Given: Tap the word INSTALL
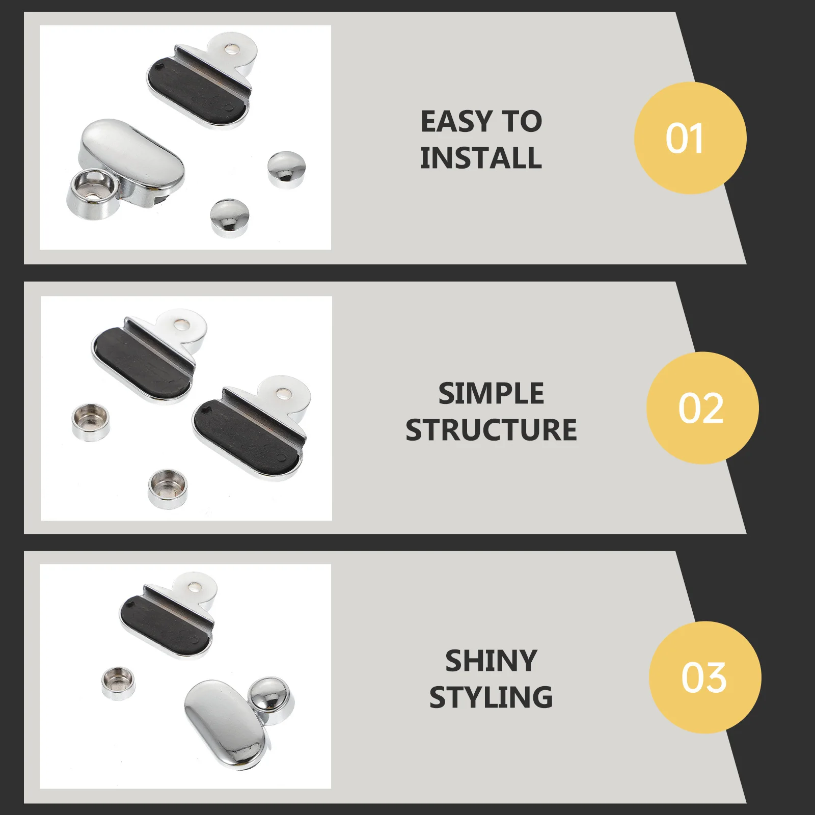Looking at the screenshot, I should (481, 157).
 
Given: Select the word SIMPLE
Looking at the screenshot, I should (491, 394).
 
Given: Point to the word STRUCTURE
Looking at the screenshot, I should (491, 430).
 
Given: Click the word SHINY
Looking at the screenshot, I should (491, 661).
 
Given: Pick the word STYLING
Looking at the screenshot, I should (491, 697).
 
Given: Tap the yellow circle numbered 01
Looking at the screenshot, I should (690, 138).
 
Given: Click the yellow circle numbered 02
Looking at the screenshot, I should (702, 408).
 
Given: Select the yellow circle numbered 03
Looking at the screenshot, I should (704, 677).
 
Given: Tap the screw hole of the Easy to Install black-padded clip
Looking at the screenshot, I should (232, 49).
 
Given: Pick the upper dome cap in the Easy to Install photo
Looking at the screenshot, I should (286, 169).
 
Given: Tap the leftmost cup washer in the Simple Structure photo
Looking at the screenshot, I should (91, 422).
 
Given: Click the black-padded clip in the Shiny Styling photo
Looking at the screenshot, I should (166, 619).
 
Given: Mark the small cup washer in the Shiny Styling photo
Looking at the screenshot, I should (119, 684).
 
